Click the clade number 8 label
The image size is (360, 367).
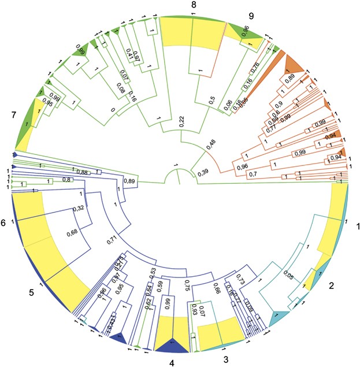click(x=194, y=5)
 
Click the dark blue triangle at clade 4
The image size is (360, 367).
click(x=171, y=345)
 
